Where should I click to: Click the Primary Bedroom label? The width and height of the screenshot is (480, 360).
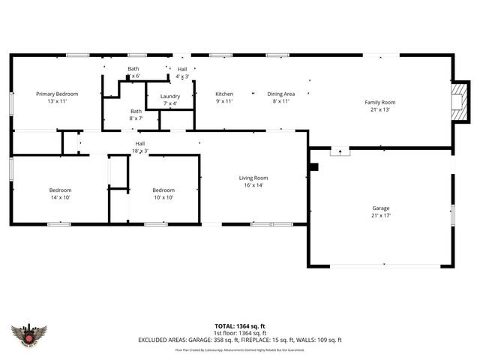(x=57, y=94)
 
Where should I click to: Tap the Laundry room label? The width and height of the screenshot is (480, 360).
(x=169, y=96)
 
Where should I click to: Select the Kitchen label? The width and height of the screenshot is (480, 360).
(x=224, y=94)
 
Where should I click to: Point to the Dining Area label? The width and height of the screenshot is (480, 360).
(x=281, y=94)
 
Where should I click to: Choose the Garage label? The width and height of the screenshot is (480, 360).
(x=381, y=208)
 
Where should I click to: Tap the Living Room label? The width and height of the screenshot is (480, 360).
(x=253, y=178)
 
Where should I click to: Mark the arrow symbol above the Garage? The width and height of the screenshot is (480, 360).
(x=341, y=151)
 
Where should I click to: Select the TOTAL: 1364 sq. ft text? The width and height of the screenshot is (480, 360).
(x=240, y=326)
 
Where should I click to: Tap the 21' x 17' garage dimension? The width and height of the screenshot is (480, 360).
(x=381, y=215)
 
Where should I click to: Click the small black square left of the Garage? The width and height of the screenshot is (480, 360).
(x=314, y=166)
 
